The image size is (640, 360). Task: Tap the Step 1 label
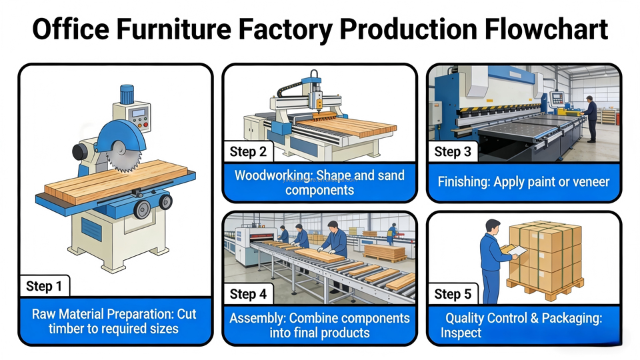tap(44, 287)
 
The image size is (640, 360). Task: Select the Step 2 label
tap(248, 152)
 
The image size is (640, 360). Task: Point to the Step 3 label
tap(453, 152)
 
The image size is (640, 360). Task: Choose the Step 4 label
tap(248, 294)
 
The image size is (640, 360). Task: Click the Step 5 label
tap(453, 294)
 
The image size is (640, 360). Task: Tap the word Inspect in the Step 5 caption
tap(461, 333)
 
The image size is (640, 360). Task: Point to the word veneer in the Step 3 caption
tap(587, 181)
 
